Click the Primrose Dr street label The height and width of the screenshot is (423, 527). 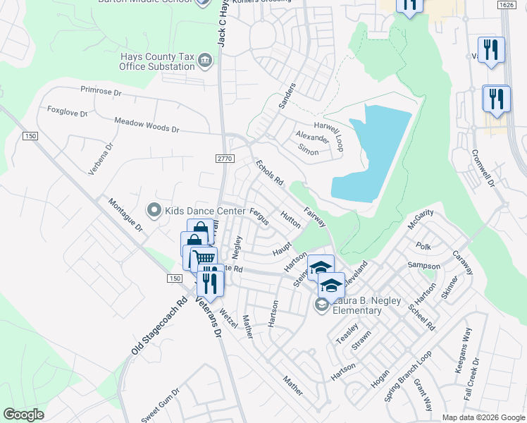[x=101, y=91]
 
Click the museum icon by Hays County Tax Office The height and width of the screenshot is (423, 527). [x=205, y=60]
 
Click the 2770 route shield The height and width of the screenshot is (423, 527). [x=224, y=161]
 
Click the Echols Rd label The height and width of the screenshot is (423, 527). [x=269, y=172]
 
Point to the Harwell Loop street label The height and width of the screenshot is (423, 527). [x=328, y=125]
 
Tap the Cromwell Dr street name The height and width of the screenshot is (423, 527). [x=484, y=163]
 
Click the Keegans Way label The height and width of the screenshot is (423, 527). [x=467, y=345]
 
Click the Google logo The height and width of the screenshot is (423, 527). [x=24, y=415]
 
